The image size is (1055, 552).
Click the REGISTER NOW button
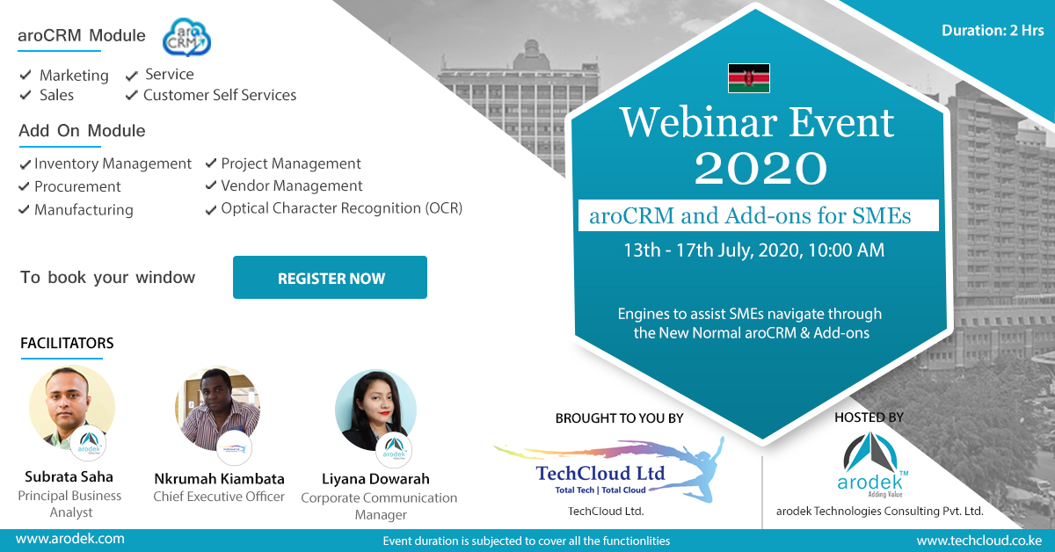click(x=330, y=278)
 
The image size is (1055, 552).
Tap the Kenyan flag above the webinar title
click(x=749, y=78)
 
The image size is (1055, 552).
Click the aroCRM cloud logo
click(x=186, y=37)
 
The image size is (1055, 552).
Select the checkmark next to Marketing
click(x=25, y=75)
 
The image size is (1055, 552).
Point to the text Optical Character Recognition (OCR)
click(x=342, y=208)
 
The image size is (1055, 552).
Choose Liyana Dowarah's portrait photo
click(x=375, y=410)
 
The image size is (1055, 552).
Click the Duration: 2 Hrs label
click(x=993, y=31)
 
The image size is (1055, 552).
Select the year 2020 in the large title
click(x=760, y=168)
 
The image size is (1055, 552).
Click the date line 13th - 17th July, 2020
click(x=753, y=251)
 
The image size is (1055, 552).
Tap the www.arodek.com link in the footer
click(x=70, y=539)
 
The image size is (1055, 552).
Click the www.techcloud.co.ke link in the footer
click(x=979, y=541)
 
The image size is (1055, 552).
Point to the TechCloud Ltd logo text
click(x=600, y=474)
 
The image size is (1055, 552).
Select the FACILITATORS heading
click(x=67, y=343)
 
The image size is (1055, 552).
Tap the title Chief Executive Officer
click(x=219, y=497)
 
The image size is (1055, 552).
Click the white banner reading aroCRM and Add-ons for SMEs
click(x=758, y=215)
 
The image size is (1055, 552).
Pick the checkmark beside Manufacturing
click(x=24, y=209)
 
